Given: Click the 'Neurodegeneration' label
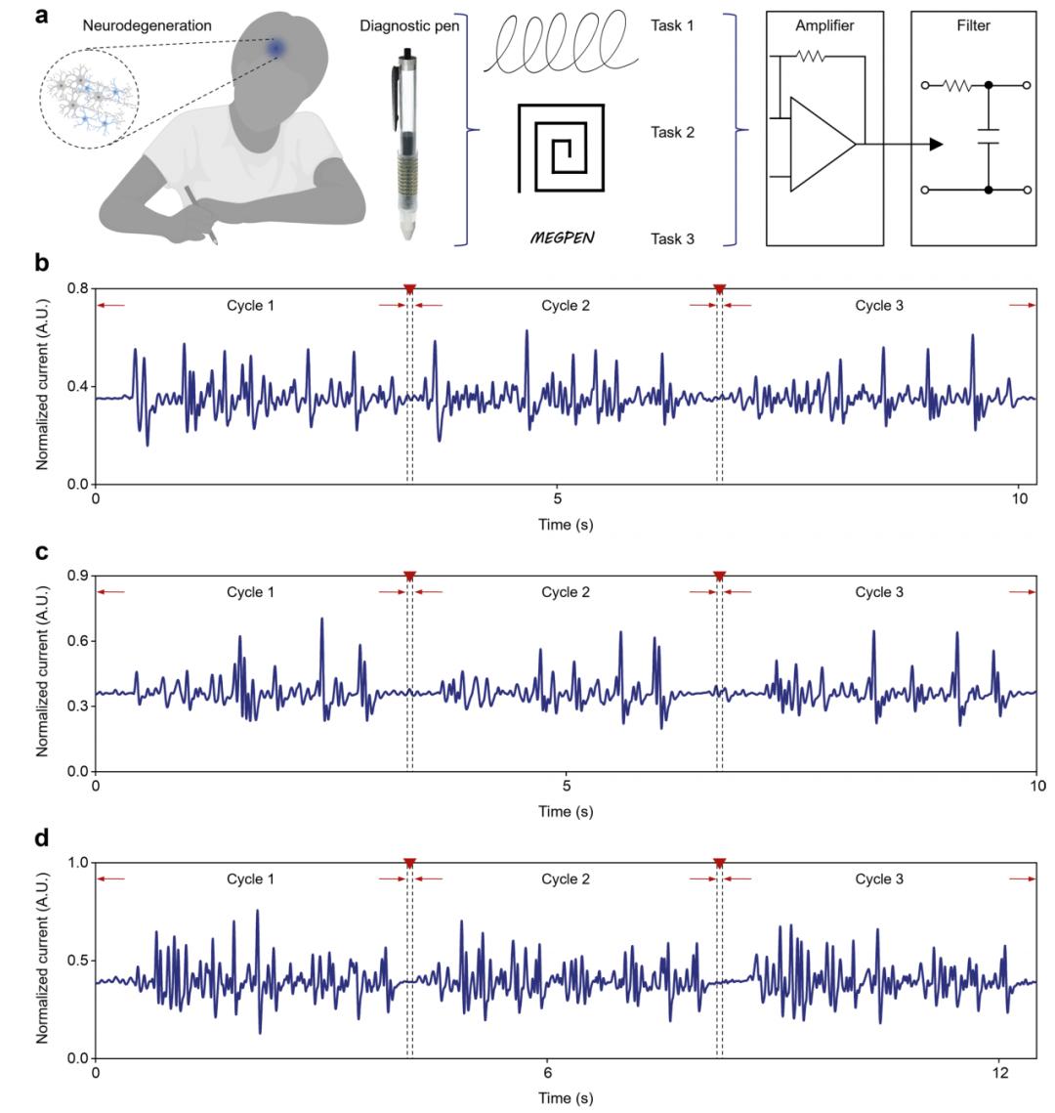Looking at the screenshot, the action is point(147,25).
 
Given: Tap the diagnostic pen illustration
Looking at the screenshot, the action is point(405,144).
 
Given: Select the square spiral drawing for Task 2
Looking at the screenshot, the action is point(561,149).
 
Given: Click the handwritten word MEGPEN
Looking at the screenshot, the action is point(563,237).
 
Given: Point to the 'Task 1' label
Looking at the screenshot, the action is point(672,25).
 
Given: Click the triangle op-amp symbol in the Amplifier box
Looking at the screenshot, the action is point(823,144).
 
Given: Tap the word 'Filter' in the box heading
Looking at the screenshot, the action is point(973,25).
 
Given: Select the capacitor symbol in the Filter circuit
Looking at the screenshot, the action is point(989,136).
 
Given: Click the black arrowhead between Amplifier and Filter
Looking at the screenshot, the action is point(937,144).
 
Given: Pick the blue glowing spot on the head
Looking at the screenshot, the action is point(276,48).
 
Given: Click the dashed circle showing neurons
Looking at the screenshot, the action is point(90,99).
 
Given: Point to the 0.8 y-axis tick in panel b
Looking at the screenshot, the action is point(77,289).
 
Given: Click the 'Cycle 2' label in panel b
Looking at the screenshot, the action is point(566,306).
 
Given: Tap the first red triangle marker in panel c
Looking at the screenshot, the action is point(409,576).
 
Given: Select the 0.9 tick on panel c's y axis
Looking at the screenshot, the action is point(77,576).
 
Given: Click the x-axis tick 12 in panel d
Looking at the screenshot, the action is point(999,1073).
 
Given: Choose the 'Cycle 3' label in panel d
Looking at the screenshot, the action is point(879,879).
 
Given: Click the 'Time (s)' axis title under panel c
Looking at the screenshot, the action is point(566,811).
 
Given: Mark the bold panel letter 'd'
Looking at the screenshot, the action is point(42,838).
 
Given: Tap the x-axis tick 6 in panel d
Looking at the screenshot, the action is point(548,1073).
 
